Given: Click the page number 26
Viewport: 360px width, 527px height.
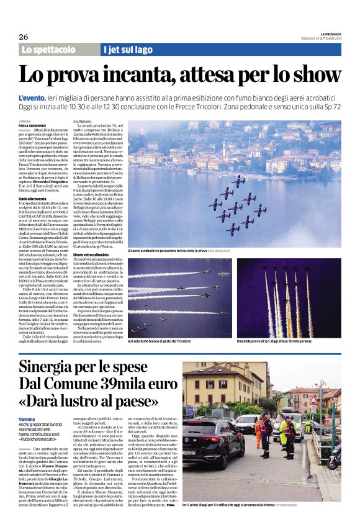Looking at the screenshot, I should tap(24, 37).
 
